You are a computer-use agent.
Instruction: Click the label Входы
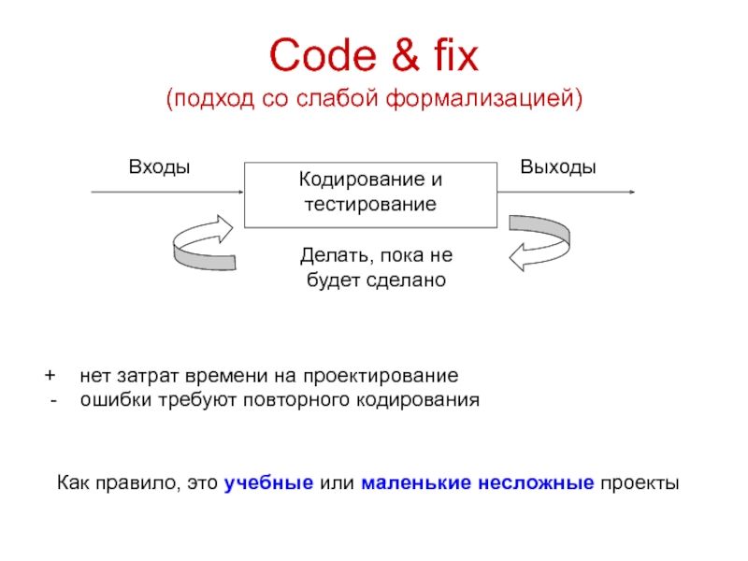click(159, 166)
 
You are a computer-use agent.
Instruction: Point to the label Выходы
click(559, 166)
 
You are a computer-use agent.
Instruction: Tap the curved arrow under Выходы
click(533, 242)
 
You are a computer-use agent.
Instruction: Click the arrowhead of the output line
click(633, 194)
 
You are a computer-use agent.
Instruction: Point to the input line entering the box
click(168, 194)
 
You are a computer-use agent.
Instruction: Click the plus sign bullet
click(50, 377)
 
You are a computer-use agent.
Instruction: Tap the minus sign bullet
click(53, 401)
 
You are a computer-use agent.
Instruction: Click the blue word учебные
click(269, 483)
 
